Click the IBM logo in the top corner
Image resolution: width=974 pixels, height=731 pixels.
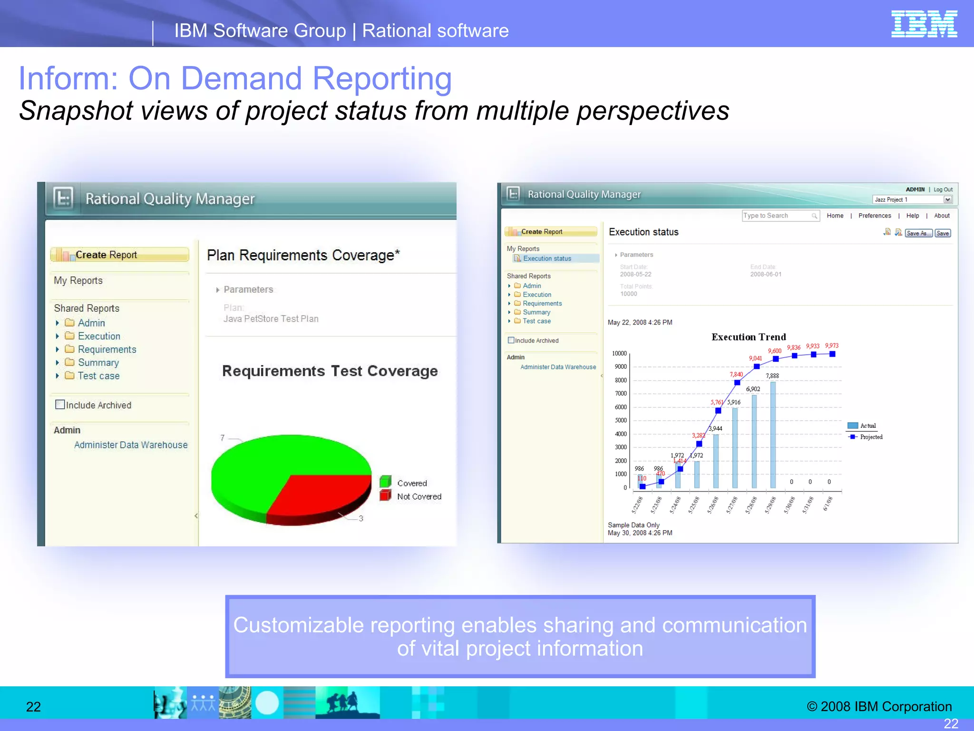point(924,24)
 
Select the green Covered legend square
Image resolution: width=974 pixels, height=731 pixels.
point(385,482)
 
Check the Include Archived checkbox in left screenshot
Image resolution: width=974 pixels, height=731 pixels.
point(60,405)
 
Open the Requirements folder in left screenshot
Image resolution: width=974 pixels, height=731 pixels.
point(107,349)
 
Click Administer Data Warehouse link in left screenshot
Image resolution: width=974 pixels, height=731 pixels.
point(131,445)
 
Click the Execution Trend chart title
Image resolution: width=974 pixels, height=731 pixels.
point(749,337)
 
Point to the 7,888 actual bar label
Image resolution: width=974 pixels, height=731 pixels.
point(772,376)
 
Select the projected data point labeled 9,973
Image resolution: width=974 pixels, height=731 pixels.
point(832,354)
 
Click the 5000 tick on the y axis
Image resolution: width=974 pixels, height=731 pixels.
point(621,420)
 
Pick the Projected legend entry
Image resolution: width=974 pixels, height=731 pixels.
point(870,437)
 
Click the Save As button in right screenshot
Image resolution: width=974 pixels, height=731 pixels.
point(918,233)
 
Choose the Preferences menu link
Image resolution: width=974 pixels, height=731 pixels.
point(875,216)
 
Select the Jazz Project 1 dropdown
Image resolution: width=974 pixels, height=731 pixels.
point(912,199)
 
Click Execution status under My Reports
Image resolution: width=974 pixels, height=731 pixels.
point(547,258)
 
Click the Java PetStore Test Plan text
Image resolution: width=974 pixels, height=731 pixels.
point(271,319)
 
